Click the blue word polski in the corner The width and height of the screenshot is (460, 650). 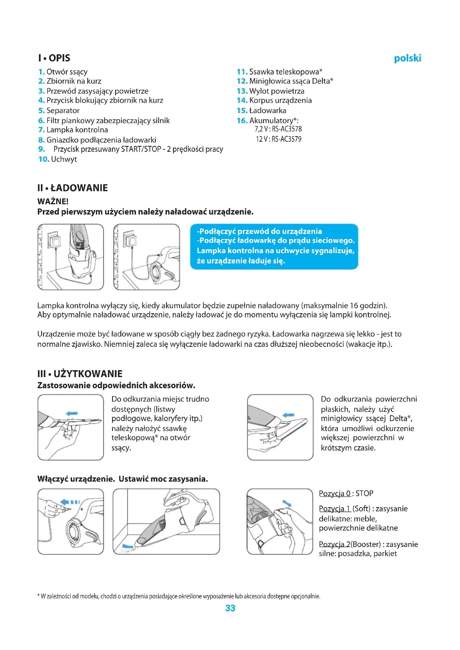click(x=407, y=58)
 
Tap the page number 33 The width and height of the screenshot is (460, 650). click(x=230, y=608)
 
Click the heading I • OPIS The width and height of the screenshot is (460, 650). click(x=54, y=58)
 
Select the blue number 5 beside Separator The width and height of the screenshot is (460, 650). click(x=41, y=110)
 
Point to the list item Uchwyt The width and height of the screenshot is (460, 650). click(x=64, y=159)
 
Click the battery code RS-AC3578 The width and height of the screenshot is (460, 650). click(x=287, y=129)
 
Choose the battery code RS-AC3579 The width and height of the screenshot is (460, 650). click(x=286, y=139)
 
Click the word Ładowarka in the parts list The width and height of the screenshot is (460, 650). click(x=268, y=110)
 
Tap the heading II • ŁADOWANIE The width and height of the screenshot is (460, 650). click(x=73, y=188)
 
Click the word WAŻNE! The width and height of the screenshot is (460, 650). click(x=53, y=201)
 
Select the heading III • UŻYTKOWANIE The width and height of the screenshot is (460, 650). click(x=80, y=373)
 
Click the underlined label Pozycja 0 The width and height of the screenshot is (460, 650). click(x=335, y=494)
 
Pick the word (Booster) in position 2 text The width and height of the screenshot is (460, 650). click(x=365, y=544)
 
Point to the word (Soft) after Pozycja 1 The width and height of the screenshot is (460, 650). click(x=361, y=509)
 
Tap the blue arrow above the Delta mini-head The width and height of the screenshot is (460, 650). click(x=288, y=415)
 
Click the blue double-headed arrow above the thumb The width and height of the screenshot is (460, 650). click(x=287, y=502)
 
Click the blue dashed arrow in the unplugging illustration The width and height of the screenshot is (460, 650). click(x=70, y=502)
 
